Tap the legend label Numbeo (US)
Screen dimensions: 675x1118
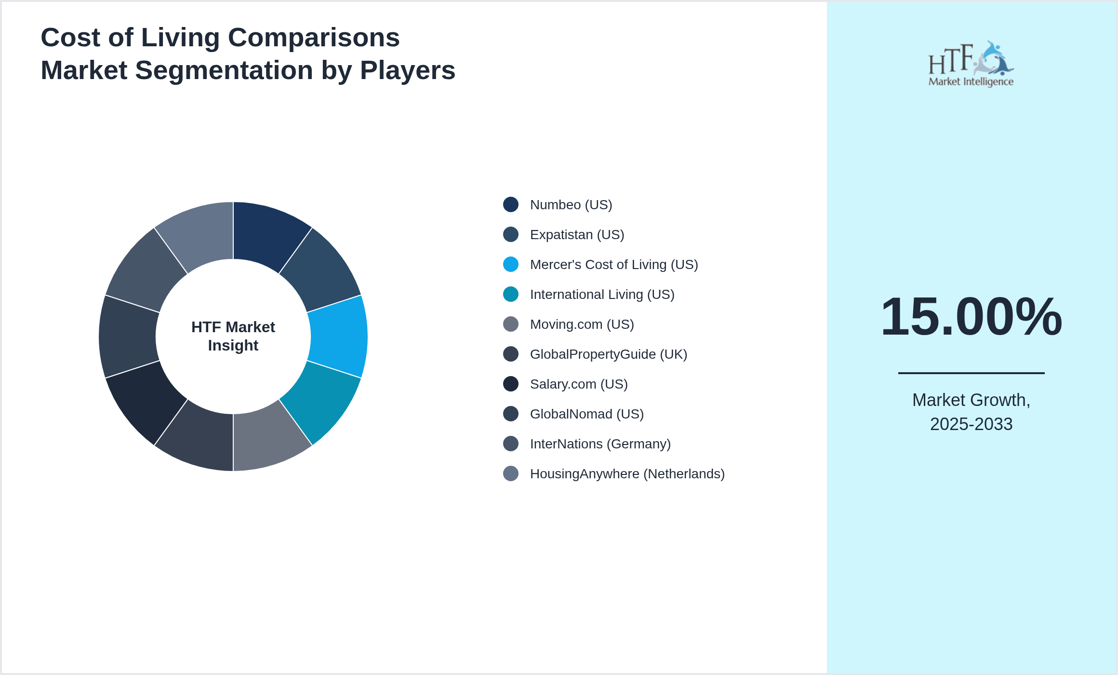click(x=571, y=205)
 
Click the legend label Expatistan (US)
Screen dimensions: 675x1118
click(x=577, y=235)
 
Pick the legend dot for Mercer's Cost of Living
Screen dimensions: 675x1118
click(x=511, y=264)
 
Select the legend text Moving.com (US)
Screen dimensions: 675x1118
click(x=582, y=324)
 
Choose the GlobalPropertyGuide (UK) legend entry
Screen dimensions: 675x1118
click(x=608, y=354)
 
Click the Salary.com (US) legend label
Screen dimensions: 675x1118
click(x=578, y=384)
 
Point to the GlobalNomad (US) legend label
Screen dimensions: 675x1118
click(x=586, y=414)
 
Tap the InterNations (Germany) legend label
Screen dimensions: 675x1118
click(x=600, y=444)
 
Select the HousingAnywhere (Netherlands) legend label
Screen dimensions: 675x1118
click(x=627, y=474)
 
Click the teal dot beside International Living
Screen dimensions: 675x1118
click(x=511, y=294)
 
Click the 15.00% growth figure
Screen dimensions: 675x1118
click(x=971, y=317)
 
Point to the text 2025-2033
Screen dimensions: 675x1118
click(x=971, y=424)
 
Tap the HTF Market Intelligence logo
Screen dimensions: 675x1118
click(x=971, y=64)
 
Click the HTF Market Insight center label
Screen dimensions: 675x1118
click(x=233, y=336)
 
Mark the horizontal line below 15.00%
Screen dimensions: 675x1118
click(x=971, y=373)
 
